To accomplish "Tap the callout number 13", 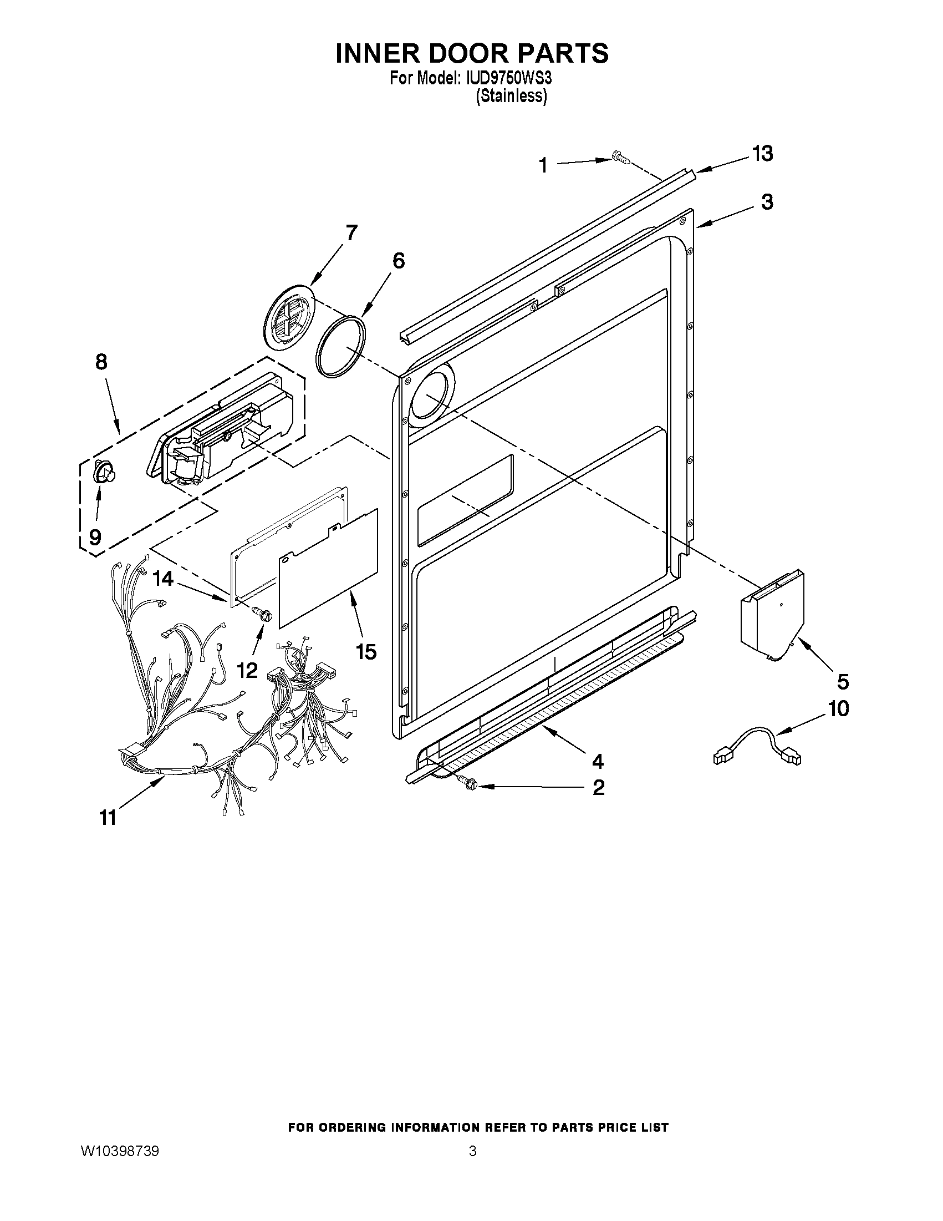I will (762, 153).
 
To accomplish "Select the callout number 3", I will (767, 202).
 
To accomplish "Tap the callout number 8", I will (101, 362).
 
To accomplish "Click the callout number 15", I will (366, 651).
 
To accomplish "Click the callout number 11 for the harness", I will (108, 817).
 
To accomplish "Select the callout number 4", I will (598, 761).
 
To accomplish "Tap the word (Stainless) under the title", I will (511, 97).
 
